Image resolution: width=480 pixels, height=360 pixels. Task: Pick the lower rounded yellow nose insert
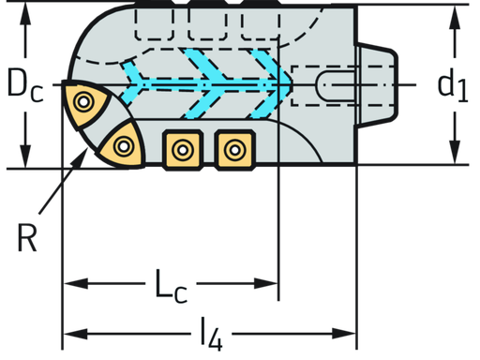coord(123,145)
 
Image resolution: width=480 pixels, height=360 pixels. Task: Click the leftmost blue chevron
coord(137,76)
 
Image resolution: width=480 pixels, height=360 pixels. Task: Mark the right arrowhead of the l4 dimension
coord(350,332)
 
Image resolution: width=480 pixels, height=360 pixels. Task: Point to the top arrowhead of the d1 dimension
coord(454,12)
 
